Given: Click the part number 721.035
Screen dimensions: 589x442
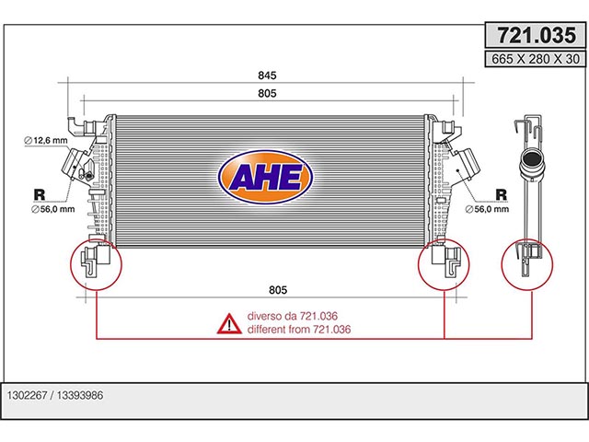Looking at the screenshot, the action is (537, 35).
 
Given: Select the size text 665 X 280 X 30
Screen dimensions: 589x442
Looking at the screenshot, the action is (536, 59).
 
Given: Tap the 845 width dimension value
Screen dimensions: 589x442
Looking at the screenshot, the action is (267, 76).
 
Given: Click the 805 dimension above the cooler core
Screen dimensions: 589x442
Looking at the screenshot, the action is (267, 93).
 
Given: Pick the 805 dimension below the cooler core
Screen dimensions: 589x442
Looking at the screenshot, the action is (278, 290).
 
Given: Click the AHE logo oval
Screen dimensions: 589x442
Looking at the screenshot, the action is (266, 177).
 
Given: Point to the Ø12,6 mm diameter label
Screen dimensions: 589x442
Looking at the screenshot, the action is (46, 141).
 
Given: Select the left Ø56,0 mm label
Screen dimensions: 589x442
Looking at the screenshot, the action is (53, 209).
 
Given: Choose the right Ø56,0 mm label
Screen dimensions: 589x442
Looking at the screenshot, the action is (487, 209).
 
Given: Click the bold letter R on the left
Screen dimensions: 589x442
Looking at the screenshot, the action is (39, 194).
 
